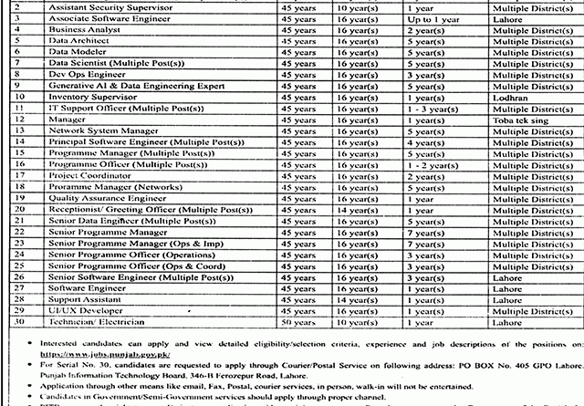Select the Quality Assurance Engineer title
pyautogui.click(x=101, y=197)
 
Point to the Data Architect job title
pyautogui.click(x=75, y=41)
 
